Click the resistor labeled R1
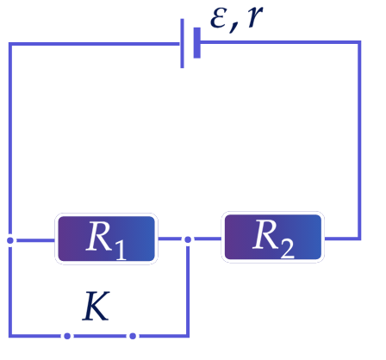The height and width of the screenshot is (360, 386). [x=106, y=239]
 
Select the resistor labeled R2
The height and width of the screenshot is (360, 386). [x=273, y=237]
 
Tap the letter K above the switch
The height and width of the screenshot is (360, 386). [x=96, y=306]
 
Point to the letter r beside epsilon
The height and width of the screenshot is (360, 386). [x=255, y=16]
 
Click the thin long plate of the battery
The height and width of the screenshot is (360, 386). [x=182, y=43]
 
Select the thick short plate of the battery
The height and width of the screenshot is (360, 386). [x=197, y=43]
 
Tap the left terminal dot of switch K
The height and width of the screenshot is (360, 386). [x=67, y=336]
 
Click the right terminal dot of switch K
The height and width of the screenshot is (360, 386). [x=133, y=336]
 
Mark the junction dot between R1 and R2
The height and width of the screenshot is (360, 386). [x=188, y=239]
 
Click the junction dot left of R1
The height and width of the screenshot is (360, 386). [x=10, y=240]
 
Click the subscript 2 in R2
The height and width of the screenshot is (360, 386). [x=287, y=249]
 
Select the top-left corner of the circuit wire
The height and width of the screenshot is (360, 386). [x=10, y=44]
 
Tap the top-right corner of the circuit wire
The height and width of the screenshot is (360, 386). [x=359, y=42]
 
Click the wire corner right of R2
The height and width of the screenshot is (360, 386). [x=359, y=239]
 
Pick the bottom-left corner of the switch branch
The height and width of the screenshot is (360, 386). [x=10, y=336]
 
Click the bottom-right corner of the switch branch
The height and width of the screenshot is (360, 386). [x=188, y=336]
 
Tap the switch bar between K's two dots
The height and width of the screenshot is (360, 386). [x=100, y=336]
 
